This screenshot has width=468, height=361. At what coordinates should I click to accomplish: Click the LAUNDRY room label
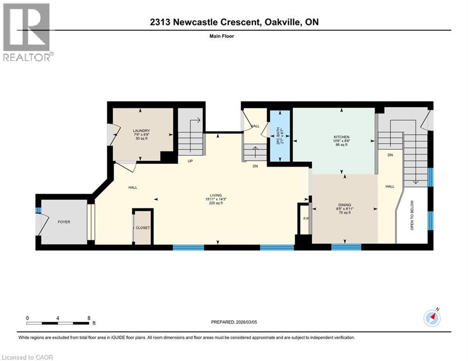pos(141,131)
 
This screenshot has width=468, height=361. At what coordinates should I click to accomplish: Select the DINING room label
pos(345,205)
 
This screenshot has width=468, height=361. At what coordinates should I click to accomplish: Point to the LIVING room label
pos(216,196)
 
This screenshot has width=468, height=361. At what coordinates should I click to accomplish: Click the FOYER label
pos(64,222)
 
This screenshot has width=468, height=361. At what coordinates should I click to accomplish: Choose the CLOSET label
pos(143,228)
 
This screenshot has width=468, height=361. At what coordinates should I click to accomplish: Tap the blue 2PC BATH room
pos(279,136)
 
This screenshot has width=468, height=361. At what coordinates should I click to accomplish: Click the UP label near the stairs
pos(191,160)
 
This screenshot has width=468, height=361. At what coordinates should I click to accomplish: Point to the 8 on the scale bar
pos(88,318)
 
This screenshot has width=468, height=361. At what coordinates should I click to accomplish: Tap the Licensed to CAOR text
pos(27,357)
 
